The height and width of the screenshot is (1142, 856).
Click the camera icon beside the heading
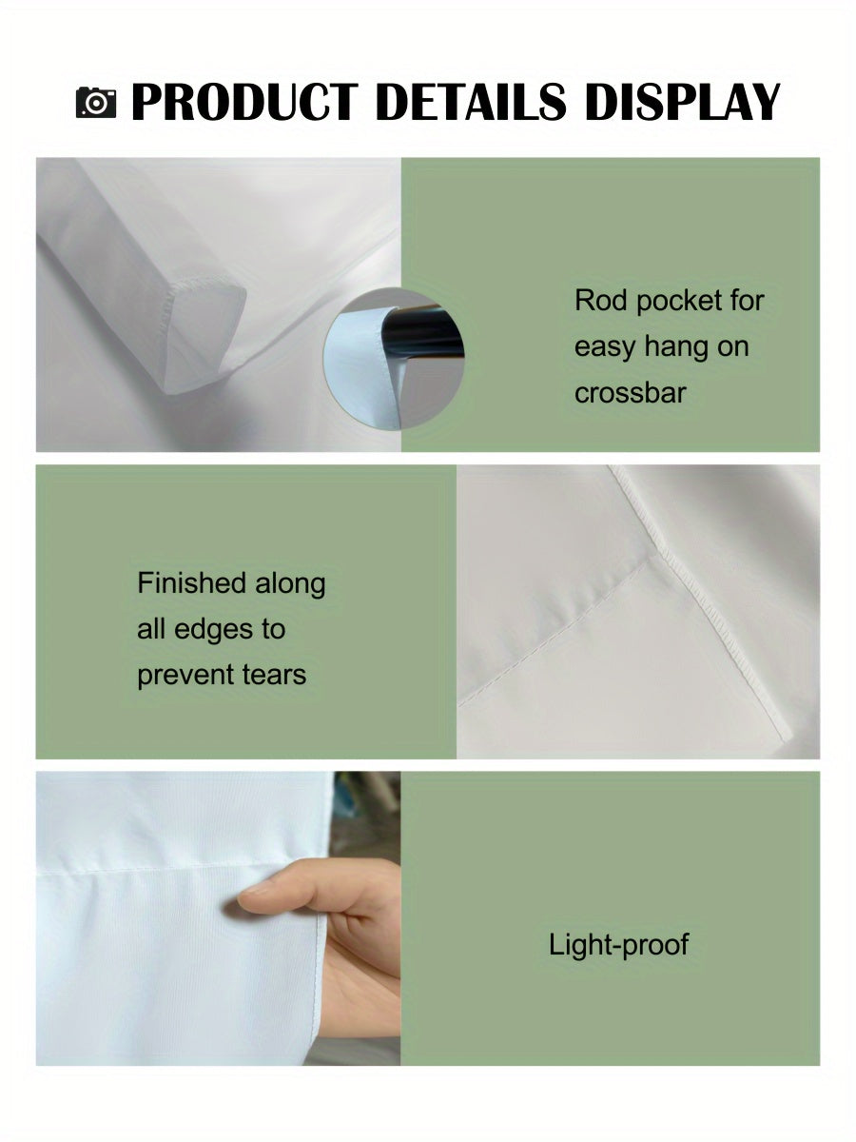click(96, 103)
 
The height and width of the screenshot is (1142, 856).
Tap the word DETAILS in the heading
click(471, 102)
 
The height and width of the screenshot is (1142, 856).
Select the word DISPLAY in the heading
click(683, 102)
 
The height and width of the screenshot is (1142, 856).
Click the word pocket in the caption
click(679, 302)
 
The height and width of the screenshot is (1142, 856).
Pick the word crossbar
click(631, 393)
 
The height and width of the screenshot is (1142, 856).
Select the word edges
click(214, 630)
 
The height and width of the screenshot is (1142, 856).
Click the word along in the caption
click(290, 584)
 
